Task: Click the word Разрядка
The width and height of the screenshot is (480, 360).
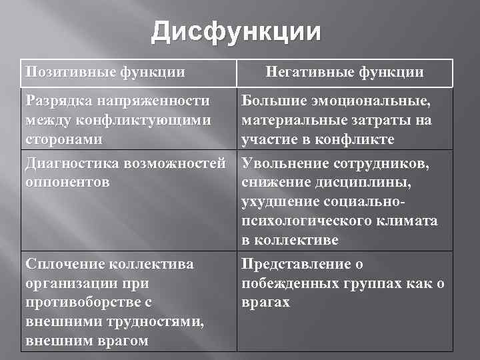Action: [x=56, y=101]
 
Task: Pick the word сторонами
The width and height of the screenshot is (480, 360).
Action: [x=63, y=140]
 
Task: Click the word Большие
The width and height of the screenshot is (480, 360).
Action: [x=271, y=101]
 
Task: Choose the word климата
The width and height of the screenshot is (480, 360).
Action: [x=409, y=221]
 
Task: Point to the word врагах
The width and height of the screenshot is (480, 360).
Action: [x=266, y=302]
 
